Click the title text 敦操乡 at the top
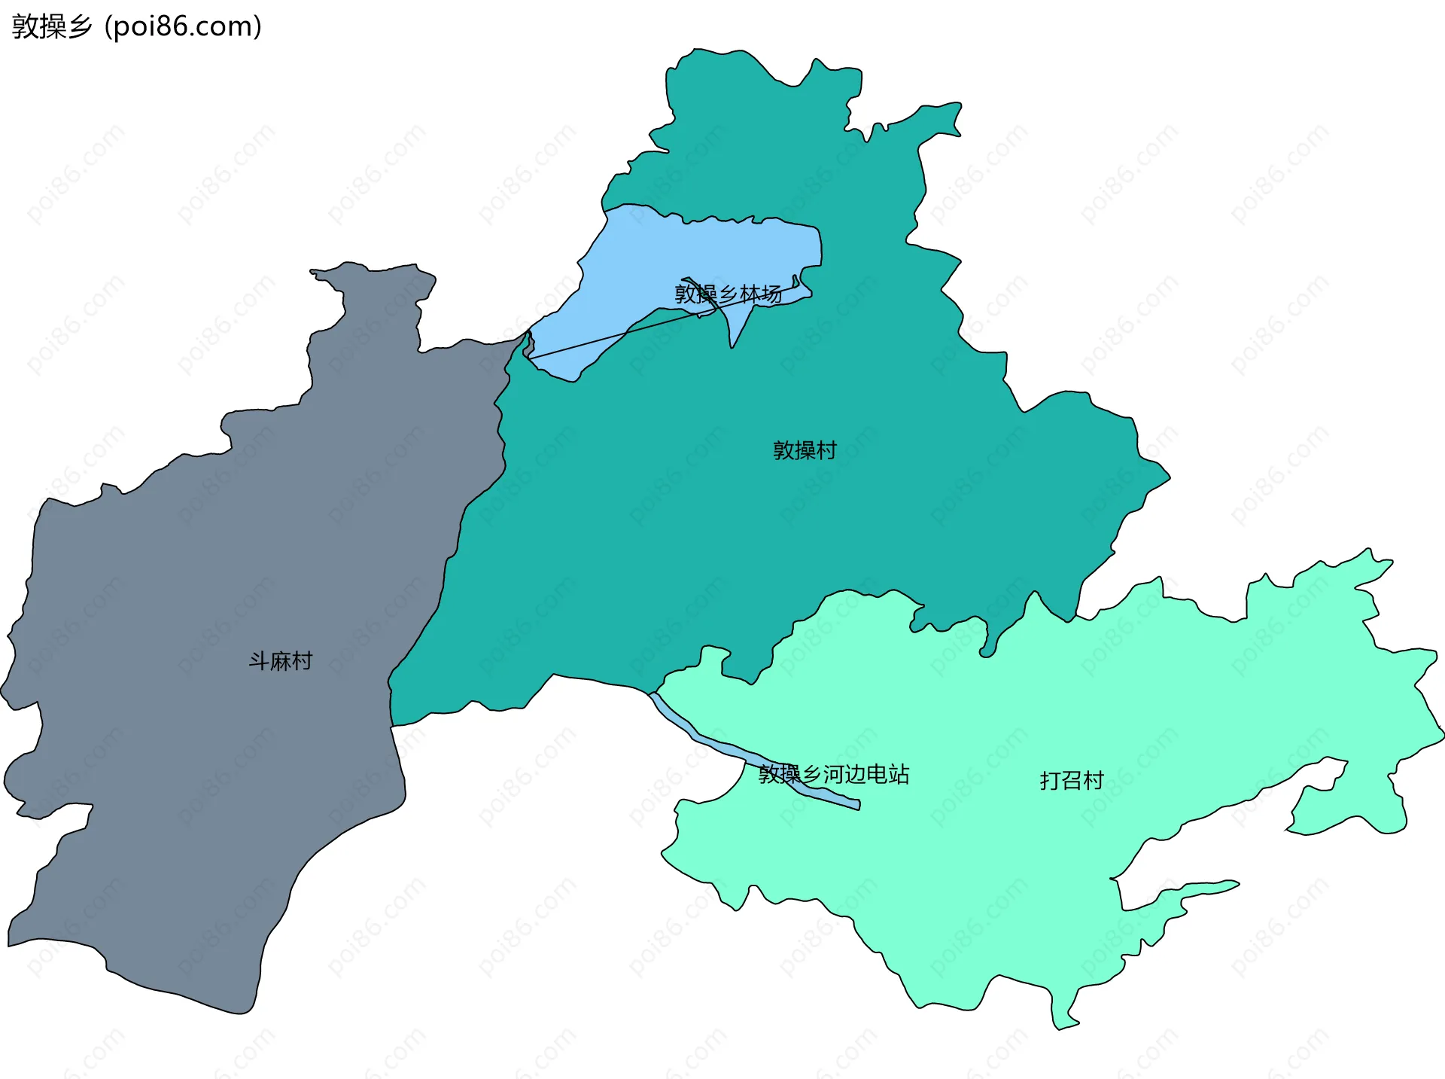51,26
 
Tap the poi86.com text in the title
184,26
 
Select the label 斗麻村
280,661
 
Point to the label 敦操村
805,450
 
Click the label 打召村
1071,780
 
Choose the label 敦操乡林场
728,294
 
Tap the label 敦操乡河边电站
833,774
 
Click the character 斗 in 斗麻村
259,661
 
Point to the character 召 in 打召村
1071,780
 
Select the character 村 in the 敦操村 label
826,450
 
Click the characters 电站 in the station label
888,774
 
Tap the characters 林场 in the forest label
761,294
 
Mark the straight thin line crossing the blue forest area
602,337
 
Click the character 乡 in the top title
79,26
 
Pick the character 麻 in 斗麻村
281,661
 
